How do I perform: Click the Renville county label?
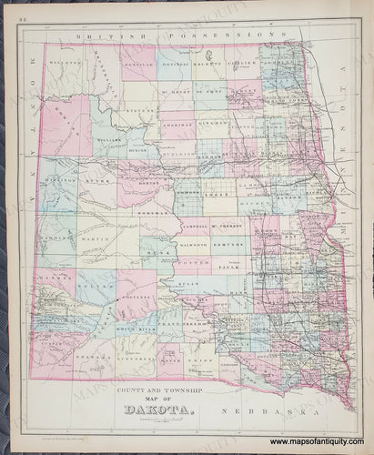coord(138,65)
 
